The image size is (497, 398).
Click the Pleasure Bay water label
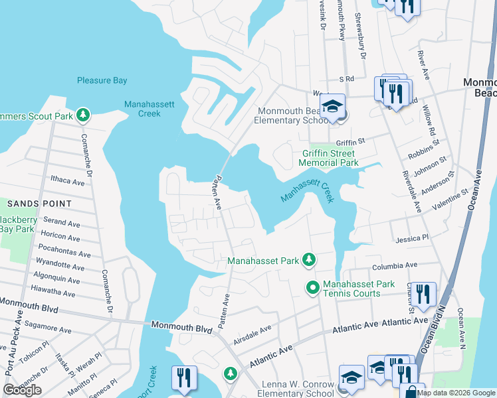(102, 80)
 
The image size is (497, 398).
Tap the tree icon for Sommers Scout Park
(83, 115)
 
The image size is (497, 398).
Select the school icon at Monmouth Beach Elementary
(331, 106)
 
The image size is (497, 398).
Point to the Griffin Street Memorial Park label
(329, 157)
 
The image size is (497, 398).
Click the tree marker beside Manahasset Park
(308, 261)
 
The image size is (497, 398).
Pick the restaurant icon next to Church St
(423, 293)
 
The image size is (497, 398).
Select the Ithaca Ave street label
(68, 181)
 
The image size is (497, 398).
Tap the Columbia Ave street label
(397, 266)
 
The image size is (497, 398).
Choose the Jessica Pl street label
(413, 237)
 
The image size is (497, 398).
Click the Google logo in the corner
(22, 390)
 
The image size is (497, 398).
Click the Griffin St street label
(351, 141)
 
